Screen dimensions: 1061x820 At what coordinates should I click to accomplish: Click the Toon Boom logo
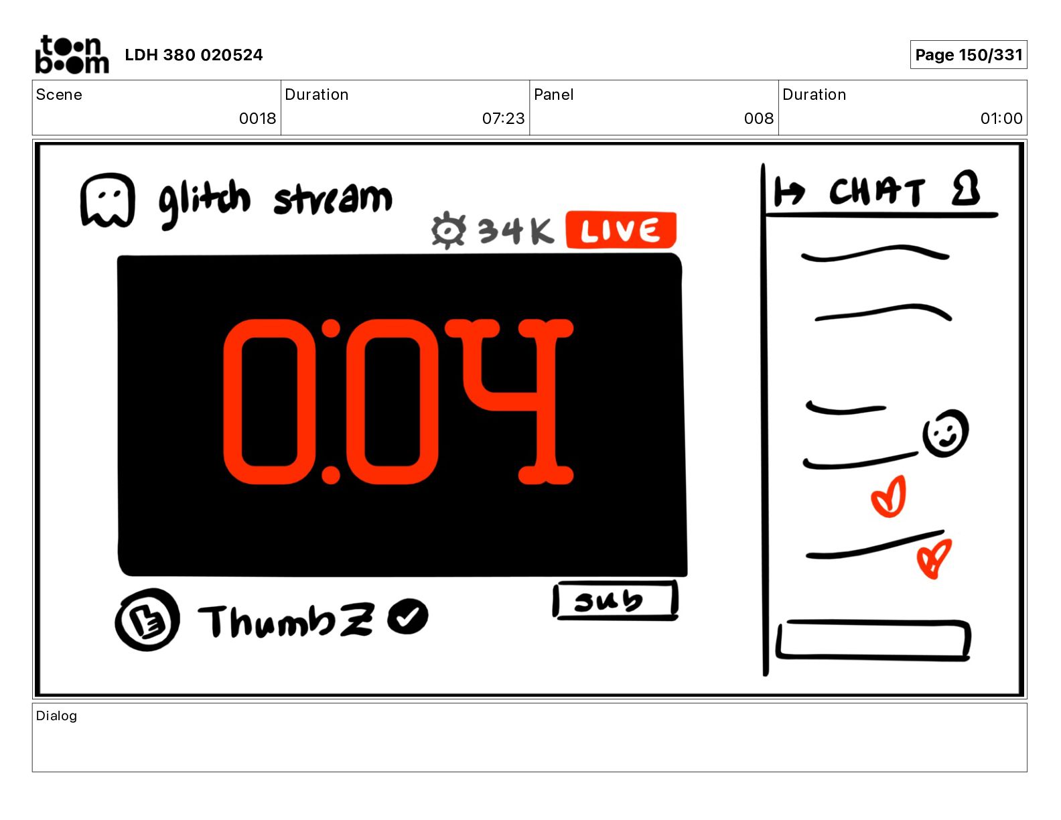point(72,54)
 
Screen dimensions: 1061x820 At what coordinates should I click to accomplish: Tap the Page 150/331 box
point(969,55)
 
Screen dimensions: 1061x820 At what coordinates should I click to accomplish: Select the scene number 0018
point(257,118)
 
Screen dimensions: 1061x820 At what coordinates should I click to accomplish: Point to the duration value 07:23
point(503,118)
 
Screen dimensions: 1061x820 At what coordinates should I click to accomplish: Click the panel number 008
point(758,118)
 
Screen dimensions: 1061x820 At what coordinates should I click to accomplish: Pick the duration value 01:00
point(1001,118)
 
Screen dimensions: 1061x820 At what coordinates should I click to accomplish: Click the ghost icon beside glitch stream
point(107,200)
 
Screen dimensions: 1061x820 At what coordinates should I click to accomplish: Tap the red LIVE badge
point(621,230)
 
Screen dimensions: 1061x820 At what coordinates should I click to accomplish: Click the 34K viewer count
point(516,231)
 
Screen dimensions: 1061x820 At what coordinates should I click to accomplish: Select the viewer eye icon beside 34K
point(448,230)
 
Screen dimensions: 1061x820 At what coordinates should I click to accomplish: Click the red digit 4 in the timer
point(509,401)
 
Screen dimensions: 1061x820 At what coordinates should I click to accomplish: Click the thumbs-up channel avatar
point(147,619)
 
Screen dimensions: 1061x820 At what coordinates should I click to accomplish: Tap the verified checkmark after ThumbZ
point(408,616)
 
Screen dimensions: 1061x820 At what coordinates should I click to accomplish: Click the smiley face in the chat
point(945,433)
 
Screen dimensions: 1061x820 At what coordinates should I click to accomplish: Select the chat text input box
point(873,640)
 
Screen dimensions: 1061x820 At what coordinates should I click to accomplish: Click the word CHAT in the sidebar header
point(877,192)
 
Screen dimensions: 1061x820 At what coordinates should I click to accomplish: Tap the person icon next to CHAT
point(965,188)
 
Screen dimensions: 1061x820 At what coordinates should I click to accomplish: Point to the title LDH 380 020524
point(194,55)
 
